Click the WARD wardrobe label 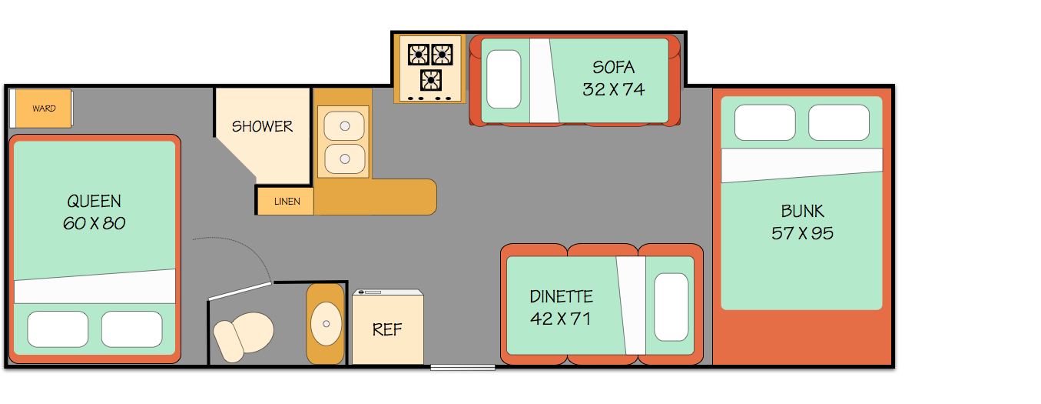44,109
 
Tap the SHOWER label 262,126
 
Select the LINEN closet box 284,201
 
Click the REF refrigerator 387,329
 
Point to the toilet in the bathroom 244,336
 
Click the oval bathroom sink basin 326,323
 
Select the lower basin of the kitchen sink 343,159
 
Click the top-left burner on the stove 419,55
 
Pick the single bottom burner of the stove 430,80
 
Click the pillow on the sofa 504,78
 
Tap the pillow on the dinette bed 671,306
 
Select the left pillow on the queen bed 58,329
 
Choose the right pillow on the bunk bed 838,122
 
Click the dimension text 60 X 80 94,224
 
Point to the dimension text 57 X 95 802,233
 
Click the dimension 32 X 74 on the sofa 613,89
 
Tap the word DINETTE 561,296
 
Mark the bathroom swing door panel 240,290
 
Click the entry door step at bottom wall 462,368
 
